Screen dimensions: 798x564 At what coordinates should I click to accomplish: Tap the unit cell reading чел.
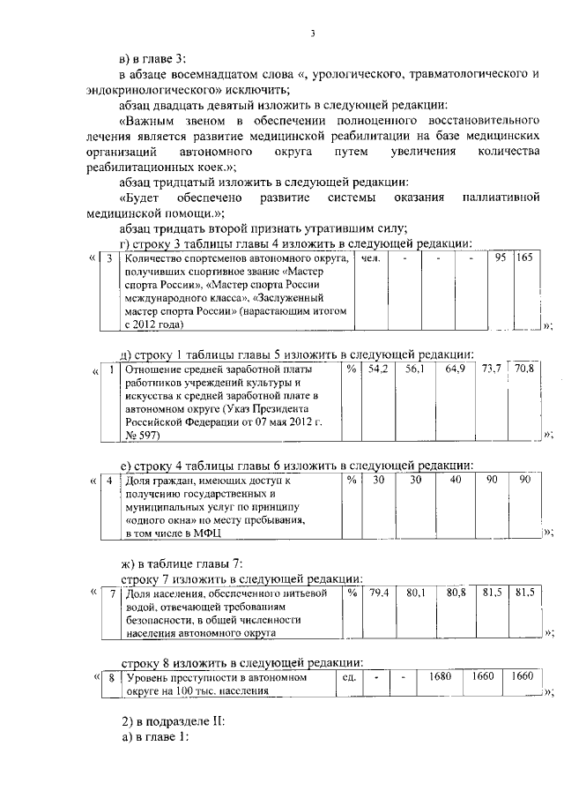[371, 258]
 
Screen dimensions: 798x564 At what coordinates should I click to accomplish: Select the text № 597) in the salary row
[143, 436]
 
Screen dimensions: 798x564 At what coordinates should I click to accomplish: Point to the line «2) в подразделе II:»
[174, 720]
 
